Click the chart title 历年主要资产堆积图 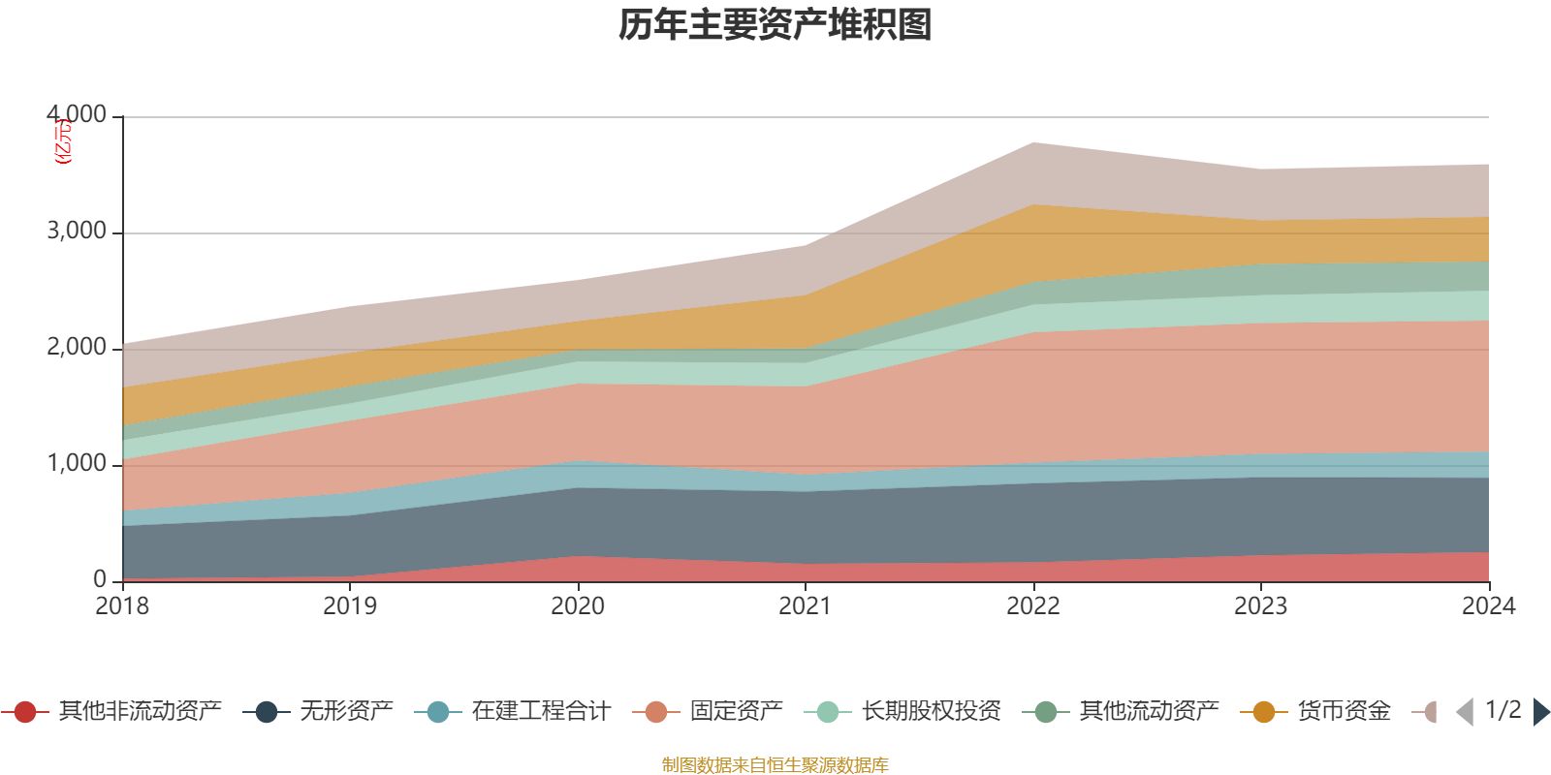click(775, 25)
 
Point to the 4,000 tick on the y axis click(77, 115)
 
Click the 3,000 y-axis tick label click(77, 232)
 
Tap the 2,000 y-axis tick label click(77, 348)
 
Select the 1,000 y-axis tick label click(77, 464)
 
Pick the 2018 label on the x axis click(122, 606)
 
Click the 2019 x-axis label click(350, 606)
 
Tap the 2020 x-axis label click(578, 606)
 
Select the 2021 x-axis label click(806, 606)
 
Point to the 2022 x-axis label click(1033, 606)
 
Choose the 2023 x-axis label click(1260, 606)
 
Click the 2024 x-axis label click(1488, 606)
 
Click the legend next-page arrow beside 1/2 click(1540, 712)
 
